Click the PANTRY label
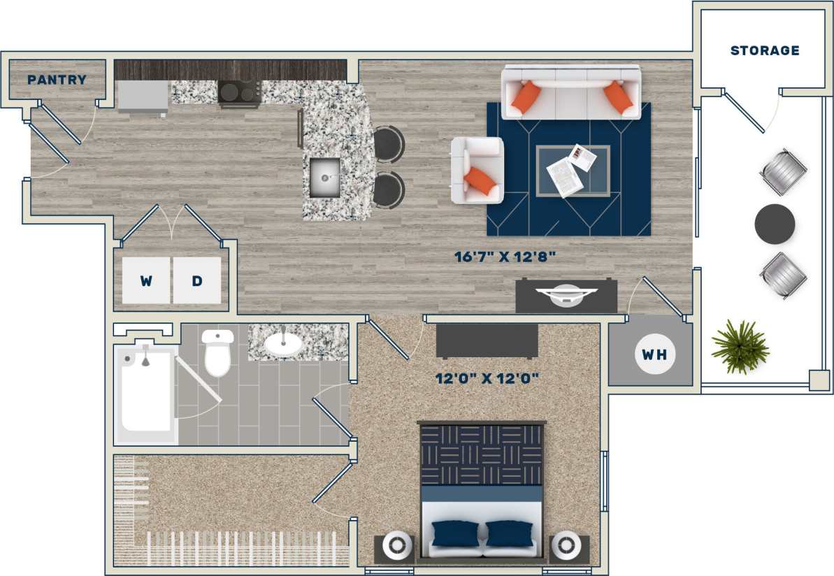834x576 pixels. point(57,80)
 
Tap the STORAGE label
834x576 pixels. point(764,50)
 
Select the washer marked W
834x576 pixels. point(146,281)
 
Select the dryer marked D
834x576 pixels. point(197,281)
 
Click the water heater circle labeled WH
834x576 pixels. point(654,354)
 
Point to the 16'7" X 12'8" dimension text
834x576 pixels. point(505,257)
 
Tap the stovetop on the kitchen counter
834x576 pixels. point(239,92)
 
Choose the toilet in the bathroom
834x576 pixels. point(217,353)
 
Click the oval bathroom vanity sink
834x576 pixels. point(283,344)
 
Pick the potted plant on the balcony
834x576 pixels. point(740,346)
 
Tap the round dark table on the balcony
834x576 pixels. point(775,224)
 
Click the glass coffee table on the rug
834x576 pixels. point(572,171)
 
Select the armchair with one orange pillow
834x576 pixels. point(477,171)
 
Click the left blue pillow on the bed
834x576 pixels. point(454,533)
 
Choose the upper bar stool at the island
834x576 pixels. point(388,144)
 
